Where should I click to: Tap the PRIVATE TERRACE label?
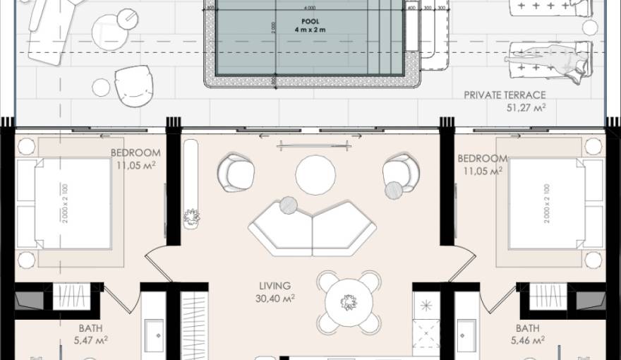(505, 95)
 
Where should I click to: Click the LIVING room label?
(275, 286)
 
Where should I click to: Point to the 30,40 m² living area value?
(275, 298)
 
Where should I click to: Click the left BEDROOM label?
(135, 152)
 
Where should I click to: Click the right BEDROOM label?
(482, 158)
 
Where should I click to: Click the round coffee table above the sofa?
(315, 175)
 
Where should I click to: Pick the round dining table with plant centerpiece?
(348, 303)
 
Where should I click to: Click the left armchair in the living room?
(236, 172)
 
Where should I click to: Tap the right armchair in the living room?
(401, 174)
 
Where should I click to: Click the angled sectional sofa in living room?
(313, 228)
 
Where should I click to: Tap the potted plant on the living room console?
(190, 217)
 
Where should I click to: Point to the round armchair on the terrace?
(134, 85)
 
